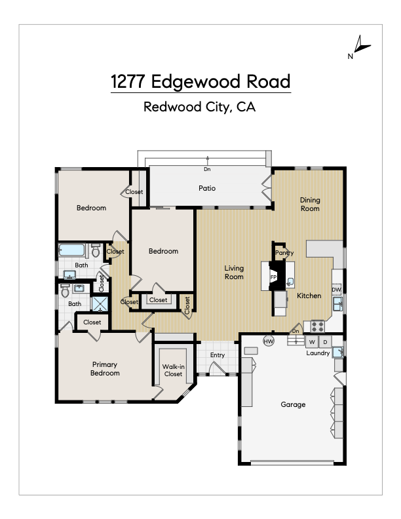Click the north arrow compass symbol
tap(360, 46)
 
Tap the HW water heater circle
tap(269, 341)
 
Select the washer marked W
tap(312, 342)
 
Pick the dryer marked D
tap(325, 342)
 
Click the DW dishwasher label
tap(336, 290)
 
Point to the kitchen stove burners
tap(318, 326)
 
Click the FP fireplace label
tap(274, 277)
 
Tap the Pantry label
tap(284, 253)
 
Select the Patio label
tap(207, 188)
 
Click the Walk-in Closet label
tap(174, 370)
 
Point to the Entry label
tap(218, 355)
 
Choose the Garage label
tap(293, 404)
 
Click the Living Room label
tap(234, 273)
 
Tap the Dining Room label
tap(310, 204)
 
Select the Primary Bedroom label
tap(105, 369)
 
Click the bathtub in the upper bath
tap(72, 250)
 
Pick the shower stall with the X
tap(100, 304)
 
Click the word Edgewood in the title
tap(195, 81)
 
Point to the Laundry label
tap(318, 353)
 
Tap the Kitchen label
tap(309, 296)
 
